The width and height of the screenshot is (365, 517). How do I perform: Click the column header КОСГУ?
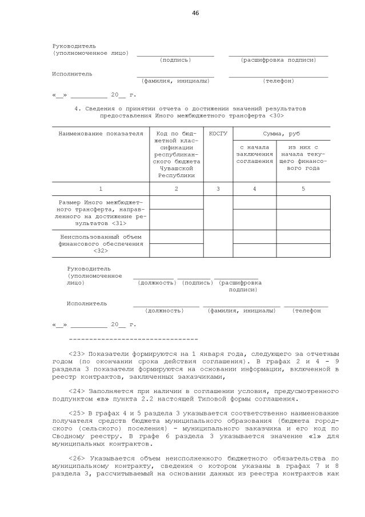[x=218, y=133]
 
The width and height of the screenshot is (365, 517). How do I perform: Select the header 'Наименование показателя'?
[x=101, y=133]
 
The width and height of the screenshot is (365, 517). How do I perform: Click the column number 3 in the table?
[x=218, y=189]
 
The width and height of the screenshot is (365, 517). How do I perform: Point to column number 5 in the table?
[x=303, y=189]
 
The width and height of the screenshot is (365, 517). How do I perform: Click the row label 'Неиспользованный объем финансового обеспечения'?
[x=101, y=243]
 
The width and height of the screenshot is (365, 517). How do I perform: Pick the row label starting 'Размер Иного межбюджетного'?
[x=101, y=213]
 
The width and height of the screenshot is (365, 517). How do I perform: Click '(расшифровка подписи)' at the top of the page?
[x=278, y=60]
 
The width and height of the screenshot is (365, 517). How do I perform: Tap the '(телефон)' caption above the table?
[x=278, y=81]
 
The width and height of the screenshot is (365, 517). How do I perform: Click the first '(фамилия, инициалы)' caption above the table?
[x=175, y=81]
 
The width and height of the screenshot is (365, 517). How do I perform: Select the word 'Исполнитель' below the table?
[x=86, y=303]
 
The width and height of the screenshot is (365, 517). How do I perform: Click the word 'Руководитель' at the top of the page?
[x=74, y=46]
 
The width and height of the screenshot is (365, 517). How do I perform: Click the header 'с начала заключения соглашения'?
[x=254, y=154]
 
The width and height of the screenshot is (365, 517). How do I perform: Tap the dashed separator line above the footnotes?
[x=133, y=339]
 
